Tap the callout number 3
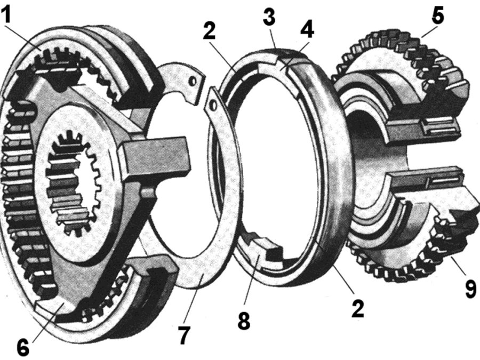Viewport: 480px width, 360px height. (269, 17)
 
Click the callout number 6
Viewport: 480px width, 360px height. (23, 346)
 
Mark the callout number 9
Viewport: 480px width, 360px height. (471, 289)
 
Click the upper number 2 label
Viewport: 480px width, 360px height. (210, 31)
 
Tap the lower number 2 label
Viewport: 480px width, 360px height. (357, 309)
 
